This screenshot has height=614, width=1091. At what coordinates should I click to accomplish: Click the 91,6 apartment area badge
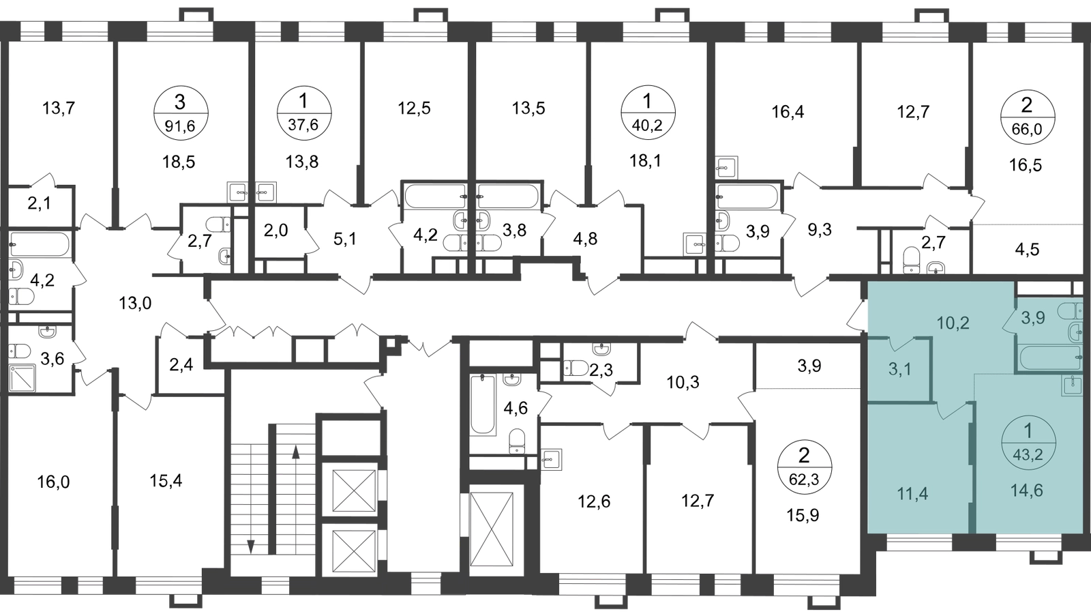pos(181,113)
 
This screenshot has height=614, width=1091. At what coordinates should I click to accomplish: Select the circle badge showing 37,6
pos(303,113)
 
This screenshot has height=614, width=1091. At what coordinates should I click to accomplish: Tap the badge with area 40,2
pos(647,113)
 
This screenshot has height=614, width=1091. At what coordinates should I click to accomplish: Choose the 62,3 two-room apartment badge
pos(804,468)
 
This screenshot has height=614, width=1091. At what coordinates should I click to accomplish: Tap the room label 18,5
pos(179,162)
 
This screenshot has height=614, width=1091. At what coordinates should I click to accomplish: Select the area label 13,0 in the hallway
pos(135,304)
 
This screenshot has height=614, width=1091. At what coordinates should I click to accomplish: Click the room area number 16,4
pos(788,113)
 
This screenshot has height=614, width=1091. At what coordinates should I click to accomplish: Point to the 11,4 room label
pos(912,495)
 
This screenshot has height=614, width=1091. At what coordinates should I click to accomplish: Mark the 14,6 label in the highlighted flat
pos(1027,491)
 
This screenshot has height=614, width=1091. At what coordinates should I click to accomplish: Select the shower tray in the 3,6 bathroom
pos(23,378)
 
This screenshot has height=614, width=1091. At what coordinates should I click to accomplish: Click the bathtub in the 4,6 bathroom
pos(483,404)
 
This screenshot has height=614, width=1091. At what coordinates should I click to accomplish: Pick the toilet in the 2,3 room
pos(576,368)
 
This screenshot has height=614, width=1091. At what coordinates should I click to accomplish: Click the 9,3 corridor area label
pos(820,229)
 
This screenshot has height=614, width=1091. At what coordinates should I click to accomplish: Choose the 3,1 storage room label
pos(899,370)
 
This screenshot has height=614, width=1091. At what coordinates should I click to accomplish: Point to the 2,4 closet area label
pos(181,364)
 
